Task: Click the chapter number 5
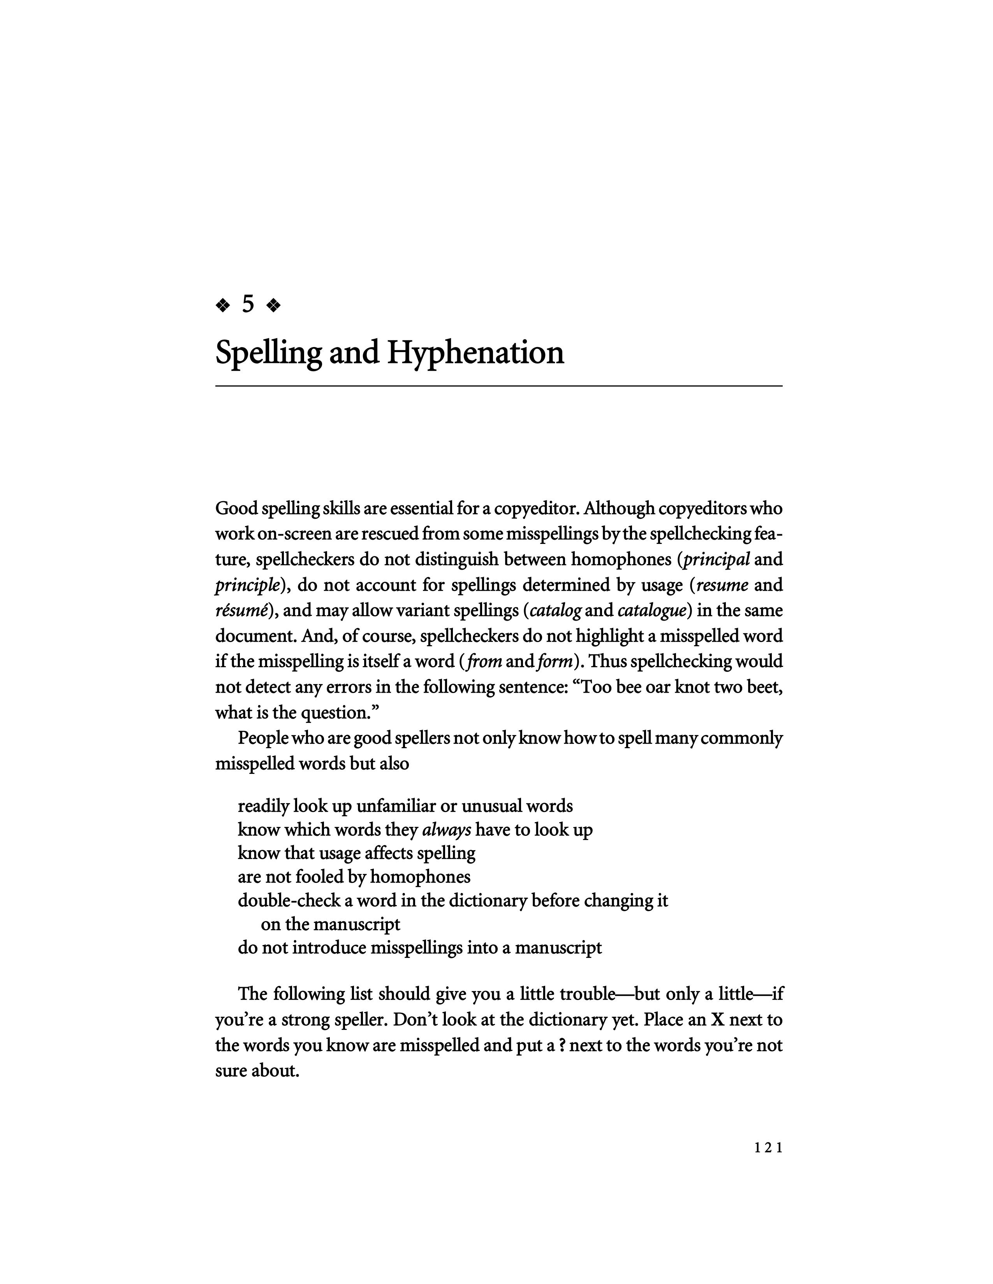[x=248, y=305]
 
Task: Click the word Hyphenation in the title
[x=475, y=353]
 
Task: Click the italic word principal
[x=717, y=559]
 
